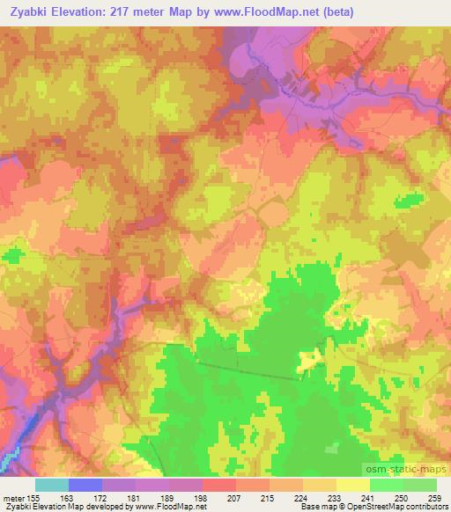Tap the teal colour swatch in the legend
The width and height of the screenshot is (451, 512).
(x=52, y=485)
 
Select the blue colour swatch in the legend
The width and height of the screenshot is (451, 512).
(x=85, y=485)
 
